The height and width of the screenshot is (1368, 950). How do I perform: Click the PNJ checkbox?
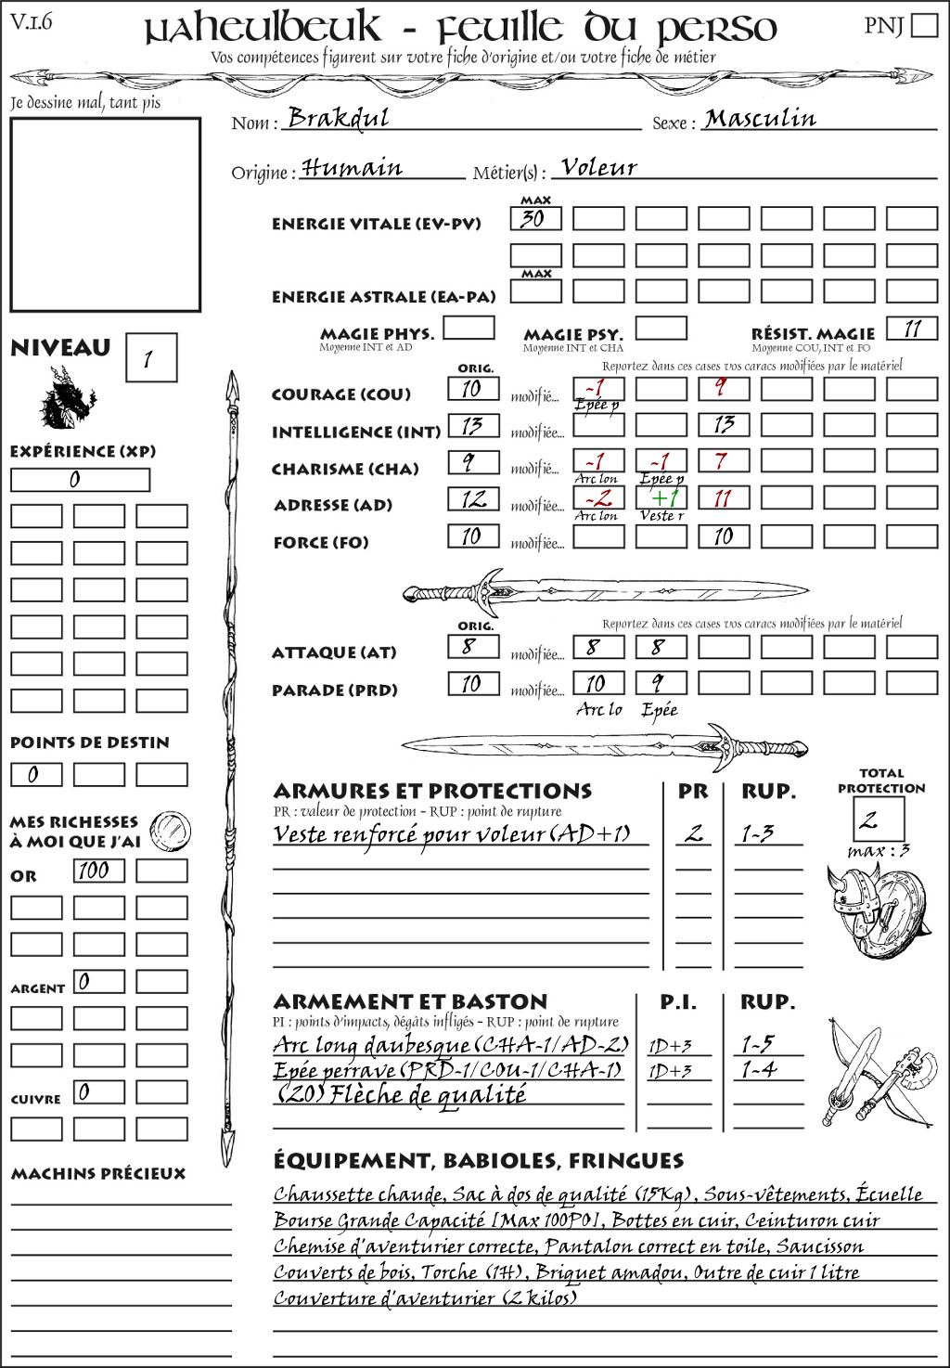point(925,25)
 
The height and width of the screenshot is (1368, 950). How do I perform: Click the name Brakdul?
point(338,118)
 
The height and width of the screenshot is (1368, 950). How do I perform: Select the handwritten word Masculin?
point(760,119)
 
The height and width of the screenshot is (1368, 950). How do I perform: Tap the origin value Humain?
point(352,168)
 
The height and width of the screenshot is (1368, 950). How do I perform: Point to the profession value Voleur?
point(599,168)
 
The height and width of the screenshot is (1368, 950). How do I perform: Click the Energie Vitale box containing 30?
point(535,219)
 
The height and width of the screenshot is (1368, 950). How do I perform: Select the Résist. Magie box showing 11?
point(911,329)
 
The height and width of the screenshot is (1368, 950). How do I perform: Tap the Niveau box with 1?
point(150,358)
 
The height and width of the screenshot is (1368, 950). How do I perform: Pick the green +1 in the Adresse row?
point(661,498)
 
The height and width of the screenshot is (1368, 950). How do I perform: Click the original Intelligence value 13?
point(473,426)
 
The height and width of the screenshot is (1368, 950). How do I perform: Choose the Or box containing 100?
point(98,871)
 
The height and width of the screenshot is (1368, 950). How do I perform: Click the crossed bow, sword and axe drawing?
point(877,1074)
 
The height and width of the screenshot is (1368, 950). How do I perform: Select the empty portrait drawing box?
point(106,214)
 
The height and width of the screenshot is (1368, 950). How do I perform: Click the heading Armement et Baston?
point(410,1002)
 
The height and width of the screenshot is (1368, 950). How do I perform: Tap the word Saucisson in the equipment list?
point(819,1246)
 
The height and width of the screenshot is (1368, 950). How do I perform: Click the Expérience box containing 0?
point(80,480)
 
